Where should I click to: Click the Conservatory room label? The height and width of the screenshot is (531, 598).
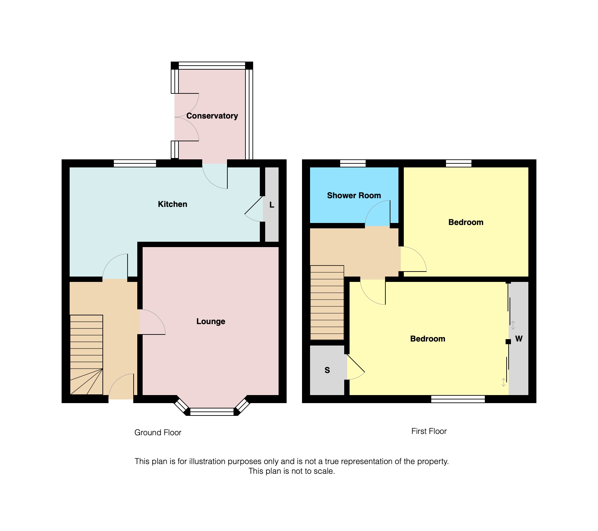pyautogui.click(x=212, y=116)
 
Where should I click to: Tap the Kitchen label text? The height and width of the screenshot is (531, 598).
pyautogui.click(x=172, y=204)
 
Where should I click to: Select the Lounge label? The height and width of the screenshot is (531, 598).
pyautogui.click(x=211, y=321)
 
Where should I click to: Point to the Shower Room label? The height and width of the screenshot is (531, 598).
pyautogui.click(x=354, y=196)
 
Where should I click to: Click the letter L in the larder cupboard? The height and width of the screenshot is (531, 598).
pyautogui.click(x=272, y=205)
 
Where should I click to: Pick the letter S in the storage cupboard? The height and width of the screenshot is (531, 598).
pyautogui.click(x=327, y=370)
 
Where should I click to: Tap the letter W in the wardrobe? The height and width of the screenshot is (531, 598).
pyautogui.click(x=519, y=338)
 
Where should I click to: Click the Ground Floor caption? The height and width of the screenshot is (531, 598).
pyautogui.click(x=158, y=433)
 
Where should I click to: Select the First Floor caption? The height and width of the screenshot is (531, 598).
pyautogui.click(x=429, y=431)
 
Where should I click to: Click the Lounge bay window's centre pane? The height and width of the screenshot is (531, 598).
pyautogui.click(x=212, y=412)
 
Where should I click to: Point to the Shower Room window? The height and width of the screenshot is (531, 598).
pyautogui.click(x=353, y=163)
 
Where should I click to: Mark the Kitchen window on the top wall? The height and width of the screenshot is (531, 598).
pyautogui.click(x=135, y=163)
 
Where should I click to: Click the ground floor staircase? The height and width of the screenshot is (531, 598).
pyautogui.click(x=86, y=355)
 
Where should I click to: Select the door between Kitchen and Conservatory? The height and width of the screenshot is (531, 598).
pyautogui.click(x=215, y=176)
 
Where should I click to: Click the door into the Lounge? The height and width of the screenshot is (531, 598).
pyautogui.click(x=152, y=322)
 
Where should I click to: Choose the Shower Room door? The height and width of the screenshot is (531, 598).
pyautogui.click(x=378, y=213)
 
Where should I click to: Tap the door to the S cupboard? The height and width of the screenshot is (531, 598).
pyautogui.click(x=356, y=367)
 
